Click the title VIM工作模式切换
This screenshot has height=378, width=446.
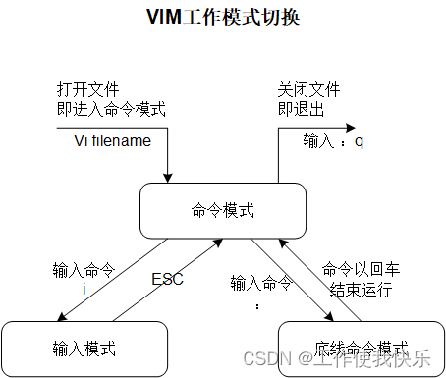point(223,18)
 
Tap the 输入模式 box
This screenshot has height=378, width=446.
point(84,348)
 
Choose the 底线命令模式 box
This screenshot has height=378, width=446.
point(362,348)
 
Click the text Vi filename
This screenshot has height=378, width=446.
point(113,140)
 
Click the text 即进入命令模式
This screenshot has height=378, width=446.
point(110,109)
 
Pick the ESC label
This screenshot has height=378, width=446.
point(168,279)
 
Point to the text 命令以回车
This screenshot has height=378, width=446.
point(362,268)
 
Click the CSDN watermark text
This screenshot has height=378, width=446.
point(338,359)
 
